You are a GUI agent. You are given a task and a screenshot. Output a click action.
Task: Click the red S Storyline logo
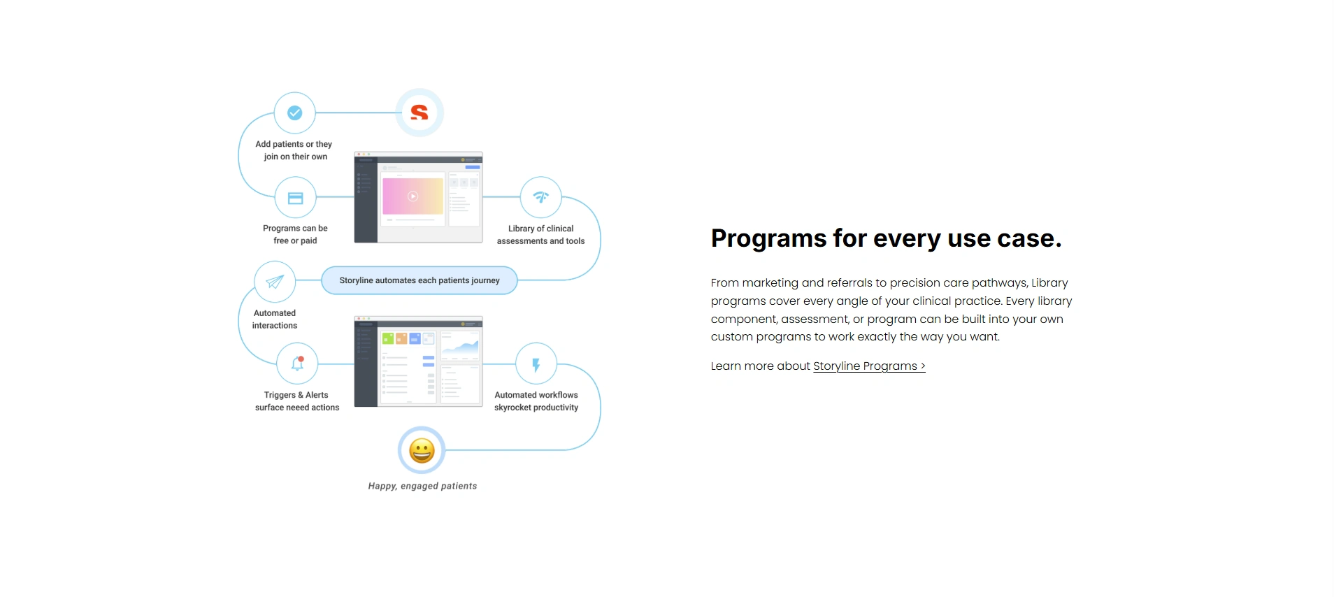pyautogui.click(x=419, y=113)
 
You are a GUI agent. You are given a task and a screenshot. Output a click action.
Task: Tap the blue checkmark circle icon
pyautogui.click(x=295, y=113)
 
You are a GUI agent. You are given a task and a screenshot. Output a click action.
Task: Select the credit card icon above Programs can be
pyautogui.click(x=296, y=199)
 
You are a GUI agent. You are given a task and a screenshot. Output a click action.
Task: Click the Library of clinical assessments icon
pyautogui.click(x=541, y=197)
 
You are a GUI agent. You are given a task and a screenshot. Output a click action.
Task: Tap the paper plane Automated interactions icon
pyautogui.click(x=275, y=282)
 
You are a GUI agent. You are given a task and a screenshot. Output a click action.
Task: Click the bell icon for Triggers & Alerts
pyautogui.click(x=298, y=364)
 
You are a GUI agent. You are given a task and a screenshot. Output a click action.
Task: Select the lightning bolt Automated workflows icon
pyautogui.click(x=536, y=364)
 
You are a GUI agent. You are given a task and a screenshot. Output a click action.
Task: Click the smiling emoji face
pyautogui.click(x=422, y=451)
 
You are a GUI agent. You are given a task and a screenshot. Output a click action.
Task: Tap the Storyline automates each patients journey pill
pyautogui.click(x=419, y=280)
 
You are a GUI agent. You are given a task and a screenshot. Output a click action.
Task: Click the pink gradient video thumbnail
pyautogui.click(x=413, y=196)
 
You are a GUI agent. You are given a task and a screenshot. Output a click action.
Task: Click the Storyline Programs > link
pyautogui.click(x=869, y=366)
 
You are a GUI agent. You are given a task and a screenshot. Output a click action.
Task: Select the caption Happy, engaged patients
pyautogui.click(x=422, y=487)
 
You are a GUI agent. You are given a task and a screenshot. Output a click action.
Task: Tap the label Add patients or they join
pyautogui.click(x=294, y=150)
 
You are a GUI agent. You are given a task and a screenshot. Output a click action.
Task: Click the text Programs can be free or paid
pyautogui.click(x=295, y=235)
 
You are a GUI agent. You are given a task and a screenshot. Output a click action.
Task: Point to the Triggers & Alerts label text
pyautogui.click(x=296, y=395)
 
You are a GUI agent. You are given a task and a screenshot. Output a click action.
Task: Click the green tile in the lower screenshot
pyautogui.click(x=388, y=338)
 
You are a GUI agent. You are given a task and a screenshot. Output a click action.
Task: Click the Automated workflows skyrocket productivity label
pyautogui.click(x=536, y=401)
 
